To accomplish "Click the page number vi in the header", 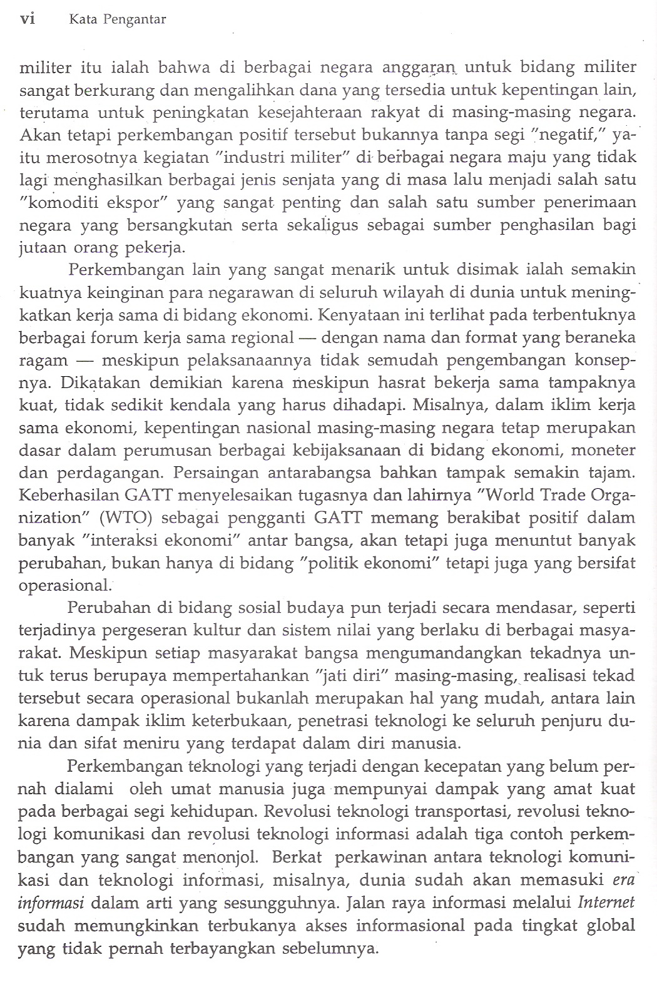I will pyautogui.click(x=28, y=19).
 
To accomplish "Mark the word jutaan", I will pyautogui.click(x=41, y=248).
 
